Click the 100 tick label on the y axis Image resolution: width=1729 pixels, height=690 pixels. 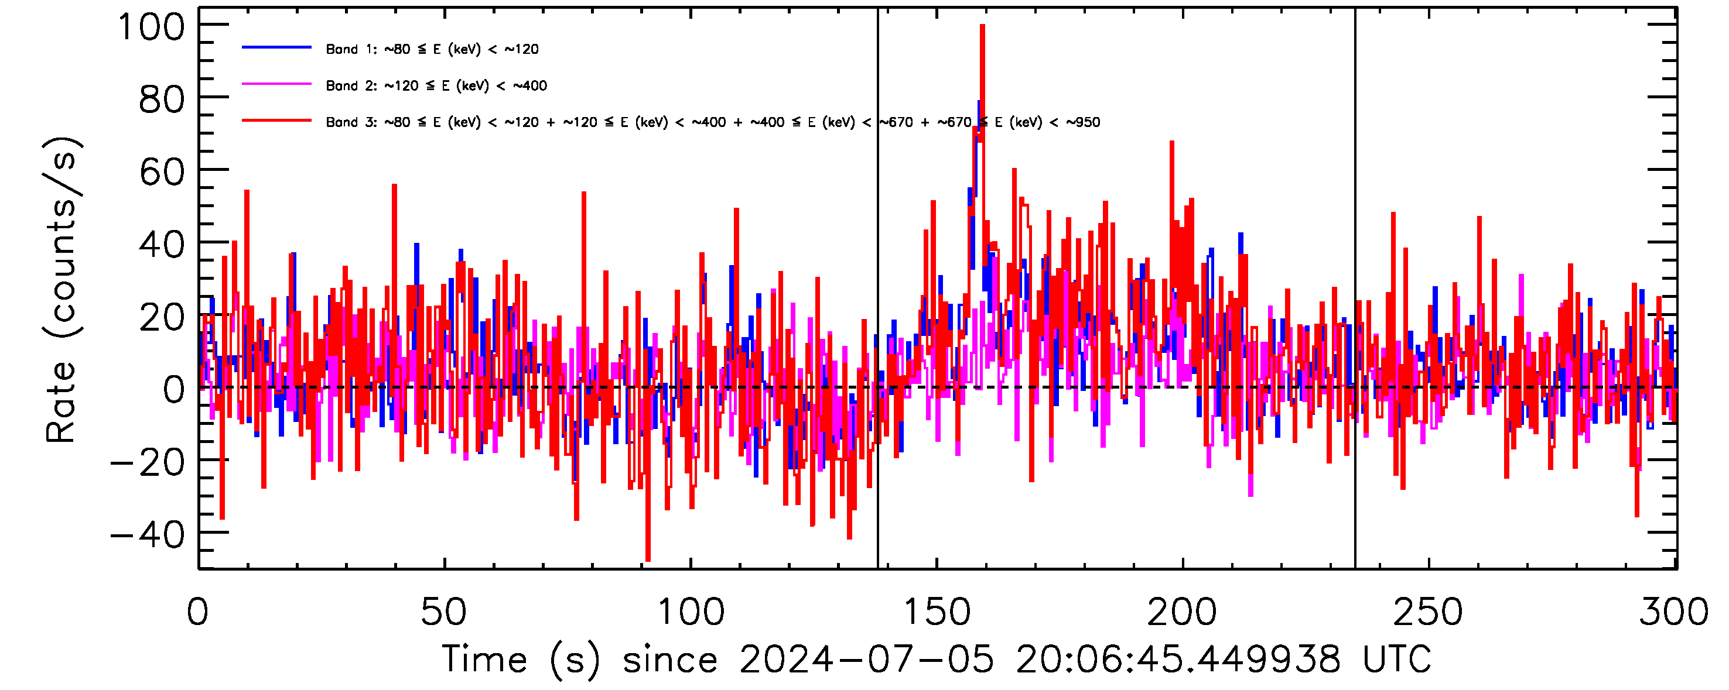click(151, 28)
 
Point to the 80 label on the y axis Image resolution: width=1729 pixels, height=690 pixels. click(161, 101)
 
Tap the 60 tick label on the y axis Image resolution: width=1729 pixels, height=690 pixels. click(161, 173)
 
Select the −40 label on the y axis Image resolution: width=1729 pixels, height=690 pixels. click(147, 535)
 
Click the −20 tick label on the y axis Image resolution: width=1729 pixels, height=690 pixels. click(147, 464)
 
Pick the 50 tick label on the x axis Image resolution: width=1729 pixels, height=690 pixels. click(443, 612)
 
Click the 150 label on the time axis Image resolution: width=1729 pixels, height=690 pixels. click(937, 612)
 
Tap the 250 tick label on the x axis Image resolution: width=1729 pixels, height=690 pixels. click(1429, 612)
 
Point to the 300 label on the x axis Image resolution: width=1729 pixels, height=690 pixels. click(1674, 612)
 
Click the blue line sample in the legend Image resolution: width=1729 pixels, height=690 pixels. click(276, 47)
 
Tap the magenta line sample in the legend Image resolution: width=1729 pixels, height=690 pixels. click(276, 84)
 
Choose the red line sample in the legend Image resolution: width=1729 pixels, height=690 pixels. click(276, 121)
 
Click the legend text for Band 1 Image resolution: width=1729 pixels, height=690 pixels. click(432, 49)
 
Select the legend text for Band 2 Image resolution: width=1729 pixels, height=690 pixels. click(436, 86)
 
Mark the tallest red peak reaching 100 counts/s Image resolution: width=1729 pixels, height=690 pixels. click(983, 27)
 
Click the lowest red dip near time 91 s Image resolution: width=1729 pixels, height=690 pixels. click(648, 558)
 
